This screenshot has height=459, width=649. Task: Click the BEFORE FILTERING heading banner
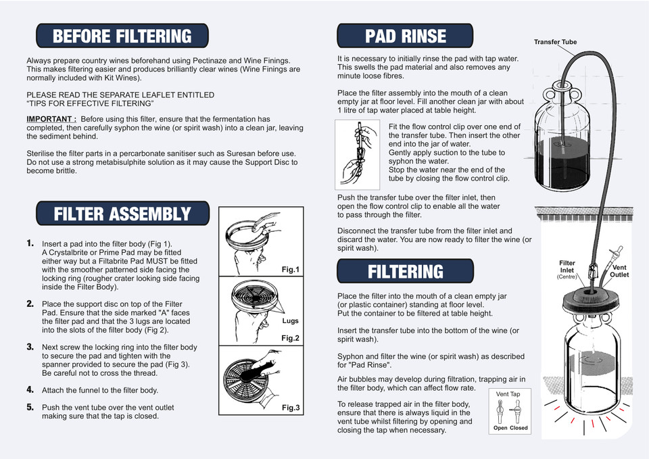122,36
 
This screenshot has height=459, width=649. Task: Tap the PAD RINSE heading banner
406,36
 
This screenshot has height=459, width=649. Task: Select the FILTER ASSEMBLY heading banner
122,214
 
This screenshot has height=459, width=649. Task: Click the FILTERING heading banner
406,272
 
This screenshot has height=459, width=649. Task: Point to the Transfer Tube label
555,42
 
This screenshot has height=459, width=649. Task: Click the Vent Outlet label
619,272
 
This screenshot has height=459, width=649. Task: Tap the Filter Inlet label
567,267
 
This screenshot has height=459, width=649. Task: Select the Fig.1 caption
290,270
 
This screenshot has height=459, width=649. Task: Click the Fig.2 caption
290,338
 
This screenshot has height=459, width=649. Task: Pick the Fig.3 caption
290,408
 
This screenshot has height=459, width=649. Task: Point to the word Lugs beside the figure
290,321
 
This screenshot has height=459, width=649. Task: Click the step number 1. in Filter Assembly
30,243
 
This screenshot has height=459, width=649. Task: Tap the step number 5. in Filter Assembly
30,408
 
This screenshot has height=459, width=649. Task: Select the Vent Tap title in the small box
508,393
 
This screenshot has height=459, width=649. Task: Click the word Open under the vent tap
500,428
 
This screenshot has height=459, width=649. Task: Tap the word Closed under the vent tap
519,428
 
